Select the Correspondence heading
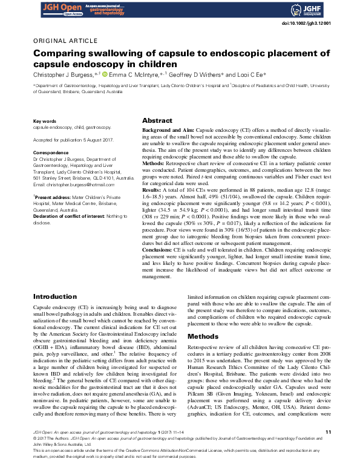click(51, 153)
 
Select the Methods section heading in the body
click(203, 336)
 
